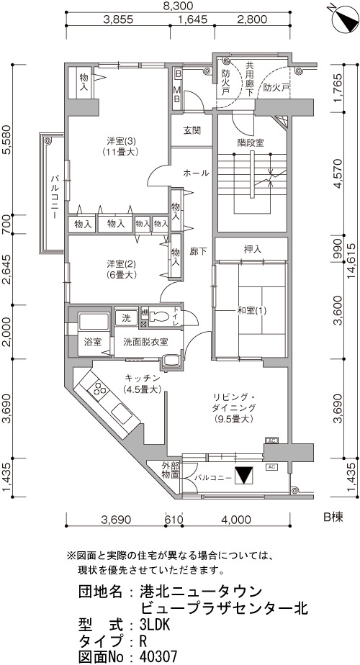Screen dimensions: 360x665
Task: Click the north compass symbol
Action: pyautogui.click(x=344, y=19)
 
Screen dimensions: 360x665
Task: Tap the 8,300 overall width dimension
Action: pyautogui.click(x=178, y=6)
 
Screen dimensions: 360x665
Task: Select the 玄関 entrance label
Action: pyautogui.click(x=192, y=131)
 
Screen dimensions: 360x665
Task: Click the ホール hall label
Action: pyautogui.click(x=196, y=173)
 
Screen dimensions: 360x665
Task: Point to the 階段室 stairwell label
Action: pyautogui.click(x=251, y=142)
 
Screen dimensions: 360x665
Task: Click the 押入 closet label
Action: pyautogui.click(x=252, y=249)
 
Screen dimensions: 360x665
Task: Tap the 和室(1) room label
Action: pyautogui.click(x=252, y=310)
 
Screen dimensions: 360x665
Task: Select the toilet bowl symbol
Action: pyautogui.click(x=160, y=317)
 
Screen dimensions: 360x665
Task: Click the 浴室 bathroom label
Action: pyautogui.click(x=93, y=341)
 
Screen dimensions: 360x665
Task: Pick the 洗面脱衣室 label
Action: pyautogui.click(x=145, y=341)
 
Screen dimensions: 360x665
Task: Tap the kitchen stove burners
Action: pyautogui.click(x=101, y=389)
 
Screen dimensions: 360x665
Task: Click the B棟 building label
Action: pyautogui.click(x=333, y=517)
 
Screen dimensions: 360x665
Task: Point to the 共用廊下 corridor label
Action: pyautogui.click(x=251, y=78)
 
